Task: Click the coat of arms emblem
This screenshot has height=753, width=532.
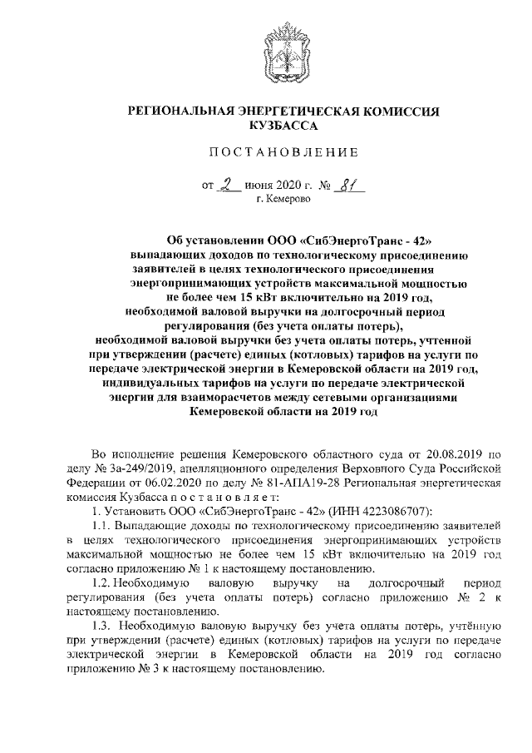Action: (x=282, y=49)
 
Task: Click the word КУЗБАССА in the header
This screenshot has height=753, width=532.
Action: (x=283, y=125)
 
